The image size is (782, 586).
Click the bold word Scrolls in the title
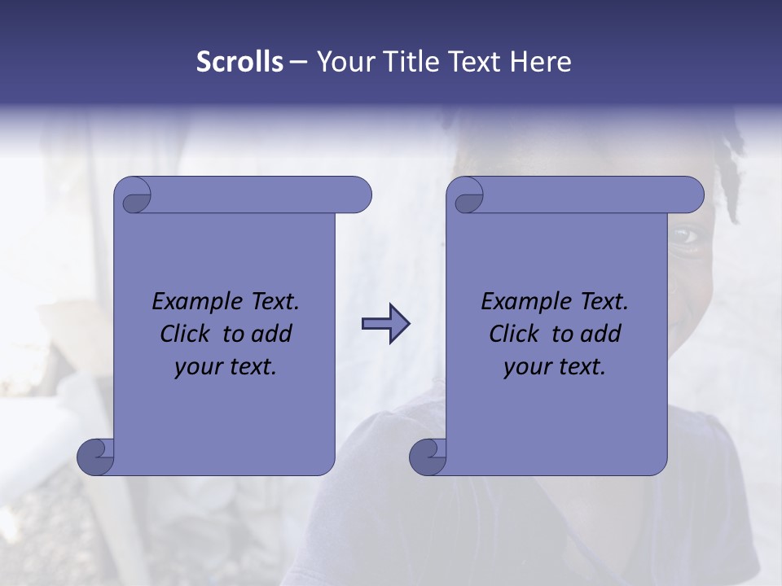point(239,62)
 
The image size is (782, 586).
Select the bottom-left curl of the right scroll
point(428,457)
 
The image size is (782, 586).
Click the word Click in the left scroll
point(187,334)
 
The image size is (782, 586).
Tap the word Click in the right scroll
point(516,334)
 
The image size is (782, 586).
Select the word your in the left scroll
point(198,367)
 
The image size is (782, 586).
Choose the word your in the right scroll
point(527,367)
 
